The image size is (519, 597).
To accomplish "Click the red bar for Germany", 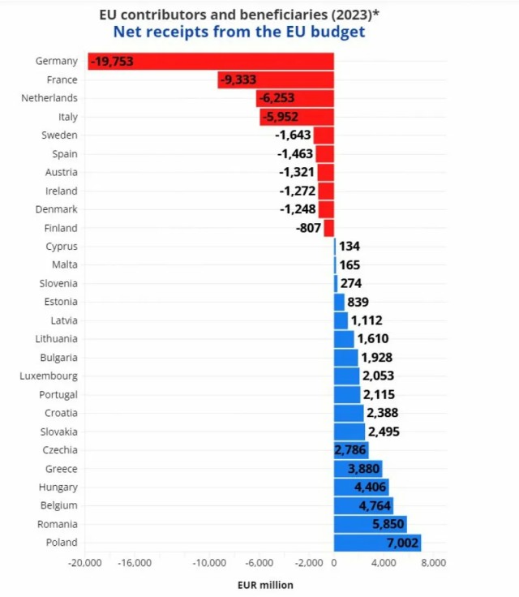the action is [x=211, y=62].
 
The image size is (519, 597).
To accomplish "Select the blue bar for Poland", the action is [x=377, y=543].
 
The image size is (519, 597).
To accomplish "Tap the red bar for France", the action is [x=276, y=80].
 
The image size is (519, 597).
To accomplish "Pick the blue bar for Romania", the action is [x=370, y=524].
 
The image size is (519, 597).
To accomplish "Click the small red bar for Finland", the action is [x=329, y=228].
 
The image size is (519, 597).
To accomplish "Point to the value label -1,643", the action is [x=293, y=135].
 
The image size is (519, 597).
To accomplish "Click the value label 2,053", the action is [x=378, y=376].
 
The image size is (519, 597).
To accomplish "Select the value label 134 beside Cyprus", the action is [x=350, y=247].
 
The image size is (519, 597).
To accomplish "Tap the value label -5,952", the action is [x=281, y=117].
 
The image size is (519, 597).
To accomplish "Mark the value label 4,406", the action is [x=370, y=487].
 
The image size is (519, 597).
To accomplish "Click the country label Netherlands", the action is [x=49, y=98].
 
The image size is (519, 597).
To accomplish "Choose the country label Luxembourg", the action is [x=49, y=376].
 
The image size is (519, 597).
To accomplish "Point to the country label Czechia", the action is [x=60, y=450].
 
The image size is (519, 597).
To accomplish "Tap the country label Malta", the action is [x=65, y=264].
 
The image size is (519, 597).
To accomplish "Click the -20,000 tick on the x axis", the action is [x=85, y=563].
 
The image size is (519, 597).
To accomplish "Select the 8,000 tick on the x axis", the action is [x=434, y=563].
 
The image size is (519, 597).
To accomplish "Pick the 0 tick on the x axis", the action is [x=334, y=563].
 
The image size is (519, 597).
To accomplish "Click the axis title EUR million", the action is [x=265, y=585].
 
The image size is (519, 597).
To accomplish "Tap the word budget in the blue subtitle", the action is [x=338, y=32].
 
